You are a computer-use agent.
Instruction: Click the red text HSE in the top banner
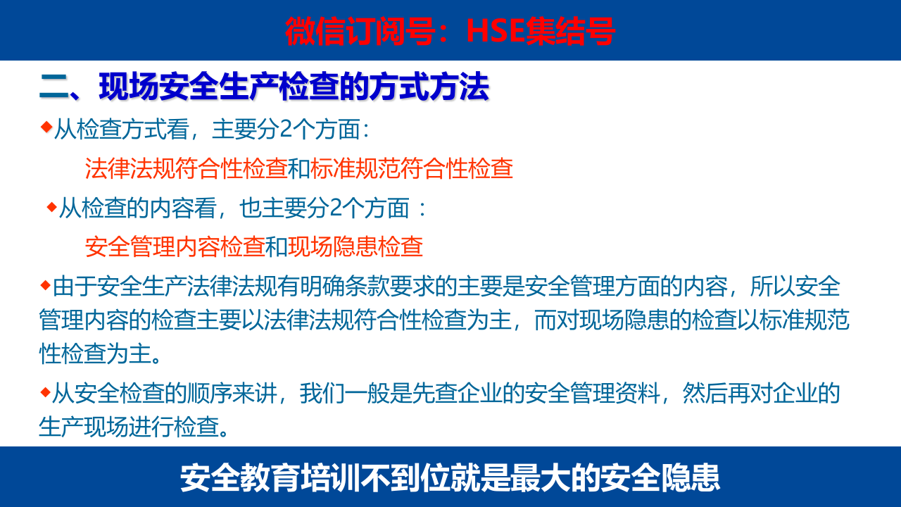[496, 31]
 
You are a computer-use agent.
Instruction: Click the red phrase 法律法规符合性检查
[187, 169]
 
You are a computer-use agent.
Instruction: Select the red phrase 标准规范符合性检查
[411, 169]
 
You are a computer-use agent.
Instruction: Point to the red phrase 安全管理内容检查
[175, 246]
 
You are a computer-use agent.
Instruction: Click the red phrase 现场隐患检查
[355, 246]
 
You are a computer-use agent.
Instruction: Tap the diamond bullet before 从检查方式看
[46, 127]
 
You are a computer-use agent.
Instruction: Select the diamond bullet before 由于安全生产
[45, 284]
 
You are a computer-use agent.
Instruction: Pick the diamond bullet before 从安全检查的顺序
[45, 392]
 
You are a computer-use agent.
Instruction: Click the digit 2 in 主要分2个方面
[285, 130]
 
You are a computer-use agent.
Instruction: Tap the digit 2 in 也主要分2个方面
[335, 208]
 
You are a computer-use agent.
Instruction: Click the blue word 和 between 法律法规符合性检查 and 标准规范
[299, 169]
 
